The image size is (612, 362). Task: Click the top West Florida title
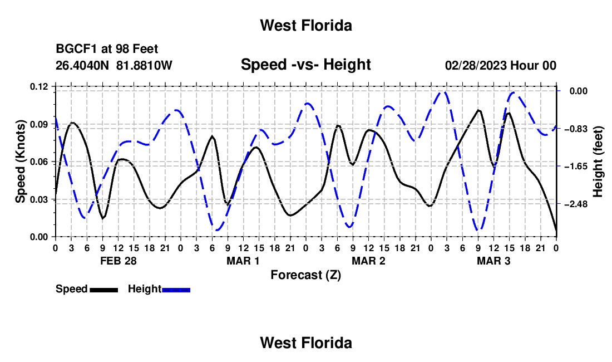click(x=306, y=26)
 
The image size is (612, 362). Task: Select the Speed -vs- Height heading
click(x=305, y=65)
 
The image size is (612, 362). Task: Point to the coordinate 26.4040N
click(x=82, y=65)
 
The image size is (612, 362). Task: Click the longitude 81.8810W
click(x=144, y=65)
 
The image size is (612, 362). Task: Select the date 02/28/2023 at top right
click(x=476, y=65)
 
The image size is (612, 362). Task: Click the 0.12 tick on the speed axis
click(x=38, y=86)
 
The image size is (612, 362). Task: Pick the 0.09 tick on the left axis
click(x=38, y=124)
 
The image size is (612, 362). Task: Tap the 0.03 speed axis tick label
click(x=38, y=199)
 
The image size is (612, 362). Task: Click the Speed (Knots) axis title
click(x=20, y=162)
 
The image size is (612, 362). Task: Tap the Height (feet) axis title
click(x=598, y=162)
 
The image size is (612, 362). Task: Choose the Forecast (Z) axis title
click(x=305, y=275)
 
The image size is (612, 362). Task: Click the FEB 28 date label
click(x=119, y=261)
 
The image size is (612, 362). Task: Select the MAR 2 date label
click(x=368, y=261)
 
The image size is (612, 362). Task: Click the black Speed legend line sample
click(x=104, y=290)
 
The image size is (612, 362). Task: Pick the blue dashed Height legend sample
click(x=176, y=290)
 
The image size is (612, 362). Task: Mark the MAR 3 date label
click(x=493, y=261)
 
